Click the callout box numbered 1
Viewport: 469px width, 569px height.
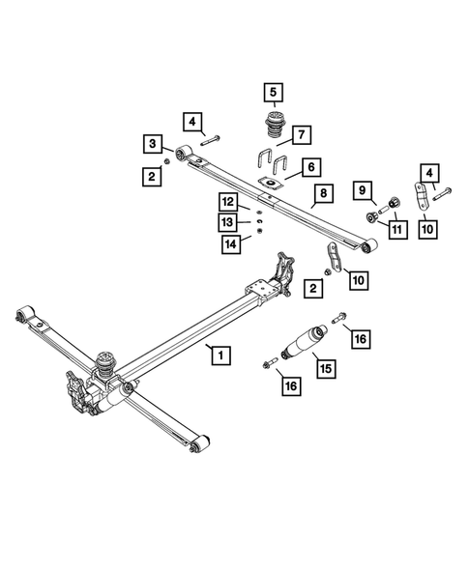point(221,356)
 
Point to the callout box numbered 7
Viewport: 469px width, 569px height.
point(301,133)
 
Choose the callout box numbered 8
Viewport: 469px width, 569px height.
point(323,194)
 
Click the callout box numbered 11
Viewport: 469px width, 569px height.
point(396,228)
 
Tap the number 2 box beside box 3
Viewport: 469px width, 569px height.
point(153,176)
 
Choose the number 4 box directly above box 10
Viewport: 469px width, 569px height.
point(426,173)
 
